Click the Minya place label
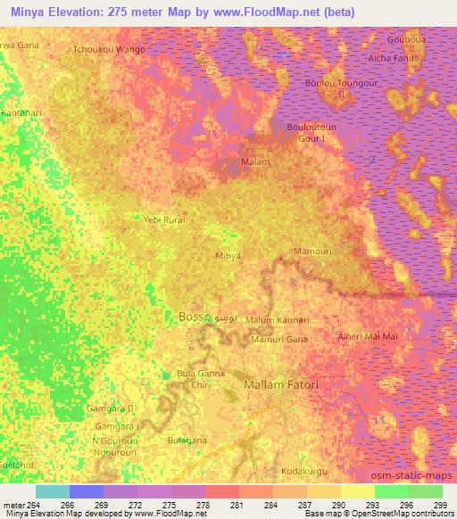click(x=228, y=256)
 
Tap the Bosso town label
click(x=194, y=316)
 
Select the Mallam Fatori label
click(x=281, y=384)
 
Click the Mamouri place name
click(x=312, y=252)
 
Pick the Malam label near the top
click(x=256, y=162)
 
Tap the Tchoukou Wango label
click(x=110, y=50)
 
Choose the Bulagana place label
click(x=187, y=441)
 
